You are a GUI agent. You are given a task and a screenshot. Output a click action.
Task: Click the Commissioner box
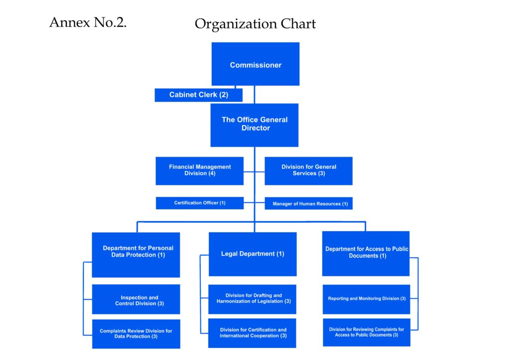pyautogui.click(x=255, y=65)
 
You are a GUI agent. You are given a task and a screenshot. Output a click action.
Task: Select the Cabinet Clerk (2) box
pyautogui.click(x=198, y=95)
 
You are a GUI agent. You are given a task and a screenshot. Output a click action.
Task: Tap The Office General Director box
pyautogui.click(x=254, y=125)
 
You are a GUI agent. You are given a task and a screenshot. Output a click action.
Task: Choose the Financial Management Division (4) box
pyautogui.click(x=199, y=171)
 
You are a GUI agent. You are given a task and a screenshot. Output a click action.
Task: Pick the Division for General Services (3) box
pyautogui.click(x=309, y=171)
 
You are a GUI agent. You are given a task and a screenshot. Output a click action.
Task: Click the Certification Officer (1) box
pyautogui.click(x=199, y=203)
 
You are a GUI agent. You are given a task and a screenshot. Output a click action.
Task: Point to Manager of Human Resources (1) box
pyautogui.click(x=309, y=203)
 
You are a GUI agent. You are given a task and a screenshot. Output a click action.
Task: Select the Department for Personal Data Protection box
pyautogui.click(x=136, y=255)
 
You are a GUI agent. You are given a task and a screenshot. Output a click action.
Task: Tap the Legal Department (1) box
pyautogui.click(x=253, y=254)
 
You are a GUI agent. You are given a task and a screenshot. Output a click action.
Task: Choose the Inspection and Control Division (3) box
pyautogui.click(x=136, y=299)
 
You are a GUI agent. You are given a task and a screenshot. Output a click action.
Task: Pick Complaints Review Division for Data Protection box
pyautogui.click(x=136, y=334)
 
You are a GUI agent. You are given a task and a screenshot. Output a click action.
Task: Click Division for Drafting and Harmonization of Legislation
pyautogui.click(x=253, y=299)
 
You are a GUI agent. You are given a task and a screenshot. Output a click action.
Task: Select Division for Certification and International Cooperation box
pyautogui.click(x=253, y=333)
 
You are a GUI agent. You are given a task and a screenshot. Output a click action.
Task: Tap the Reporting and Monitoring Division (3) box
pyautogui.click(x=366, y=299)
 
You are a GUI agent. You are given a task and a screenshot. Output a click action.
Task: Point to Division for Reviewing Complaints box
pyautogui.click(x=366, y=332)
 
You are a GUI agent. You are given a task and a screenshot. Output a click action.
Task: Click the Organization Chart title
pyautogui.click(x=255, y=23)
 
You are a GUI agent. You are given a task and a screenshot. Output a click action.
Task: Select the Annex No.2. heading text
pyautogui.click(x=88, y=22)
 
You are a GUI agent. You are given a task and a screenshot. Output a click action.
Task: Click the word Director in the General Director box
pyautogui.click(x=255, y=128)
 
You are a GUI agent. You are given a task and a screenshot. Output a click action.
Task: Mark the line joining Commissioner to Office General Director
pyautogui.click(x=254, y=94)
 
